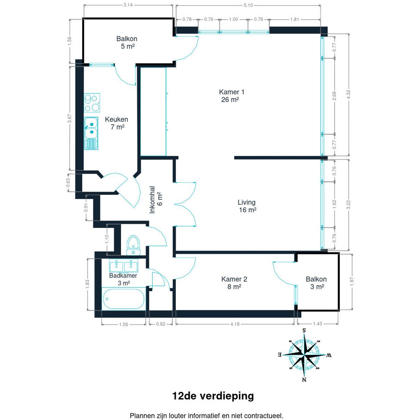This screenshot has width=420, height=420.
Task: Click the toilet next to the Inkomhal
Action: (x=134, y=245)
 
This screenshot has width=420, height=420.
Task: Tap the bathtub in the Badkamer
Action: (x=124, y=298)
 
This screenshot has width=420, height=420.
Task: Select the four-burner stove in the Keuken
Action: (x=92, y=103)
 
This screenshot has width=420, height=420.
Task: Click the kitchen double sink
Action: (x=91, y=133)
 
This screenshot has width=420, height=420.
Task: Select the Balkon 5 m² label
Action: (x=127, y=43)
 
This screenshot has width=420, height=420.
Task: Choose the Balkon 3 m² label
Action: (x=316, y=283)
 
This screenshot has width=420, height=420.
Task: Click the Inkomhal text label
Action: (x=152, y=199)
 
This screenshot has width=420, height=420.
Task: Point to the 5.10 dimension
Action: (x=248, y=5)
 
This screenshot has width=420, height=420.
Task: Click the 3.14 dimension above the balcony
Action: (x=128, y=5)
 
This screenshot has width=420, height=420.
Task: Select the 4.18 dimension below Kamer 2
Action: (x=235, y=324)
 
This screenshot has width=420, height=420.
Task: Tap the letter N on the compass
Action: (x=304, y=380)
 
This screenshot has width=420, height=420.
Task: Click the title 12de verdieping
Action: (x=213, y=396)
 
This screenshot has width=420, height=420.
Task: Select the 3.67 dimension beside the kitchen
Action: (x=69, y=118)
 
